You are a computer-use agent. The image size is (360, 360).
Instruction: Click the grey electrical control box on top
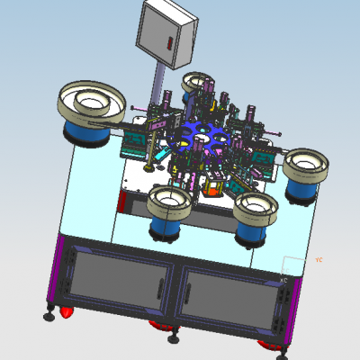166,33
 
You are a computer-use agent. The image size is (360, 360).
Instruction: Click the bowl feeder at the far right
306,166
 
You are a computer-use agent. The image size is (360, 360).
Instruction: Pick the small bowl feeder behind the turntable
197,84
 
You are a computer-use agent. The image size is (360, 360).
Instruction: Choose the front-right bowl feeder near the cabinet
254,209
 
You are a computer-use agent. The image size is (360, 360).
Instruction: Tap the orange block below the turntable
214,188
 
